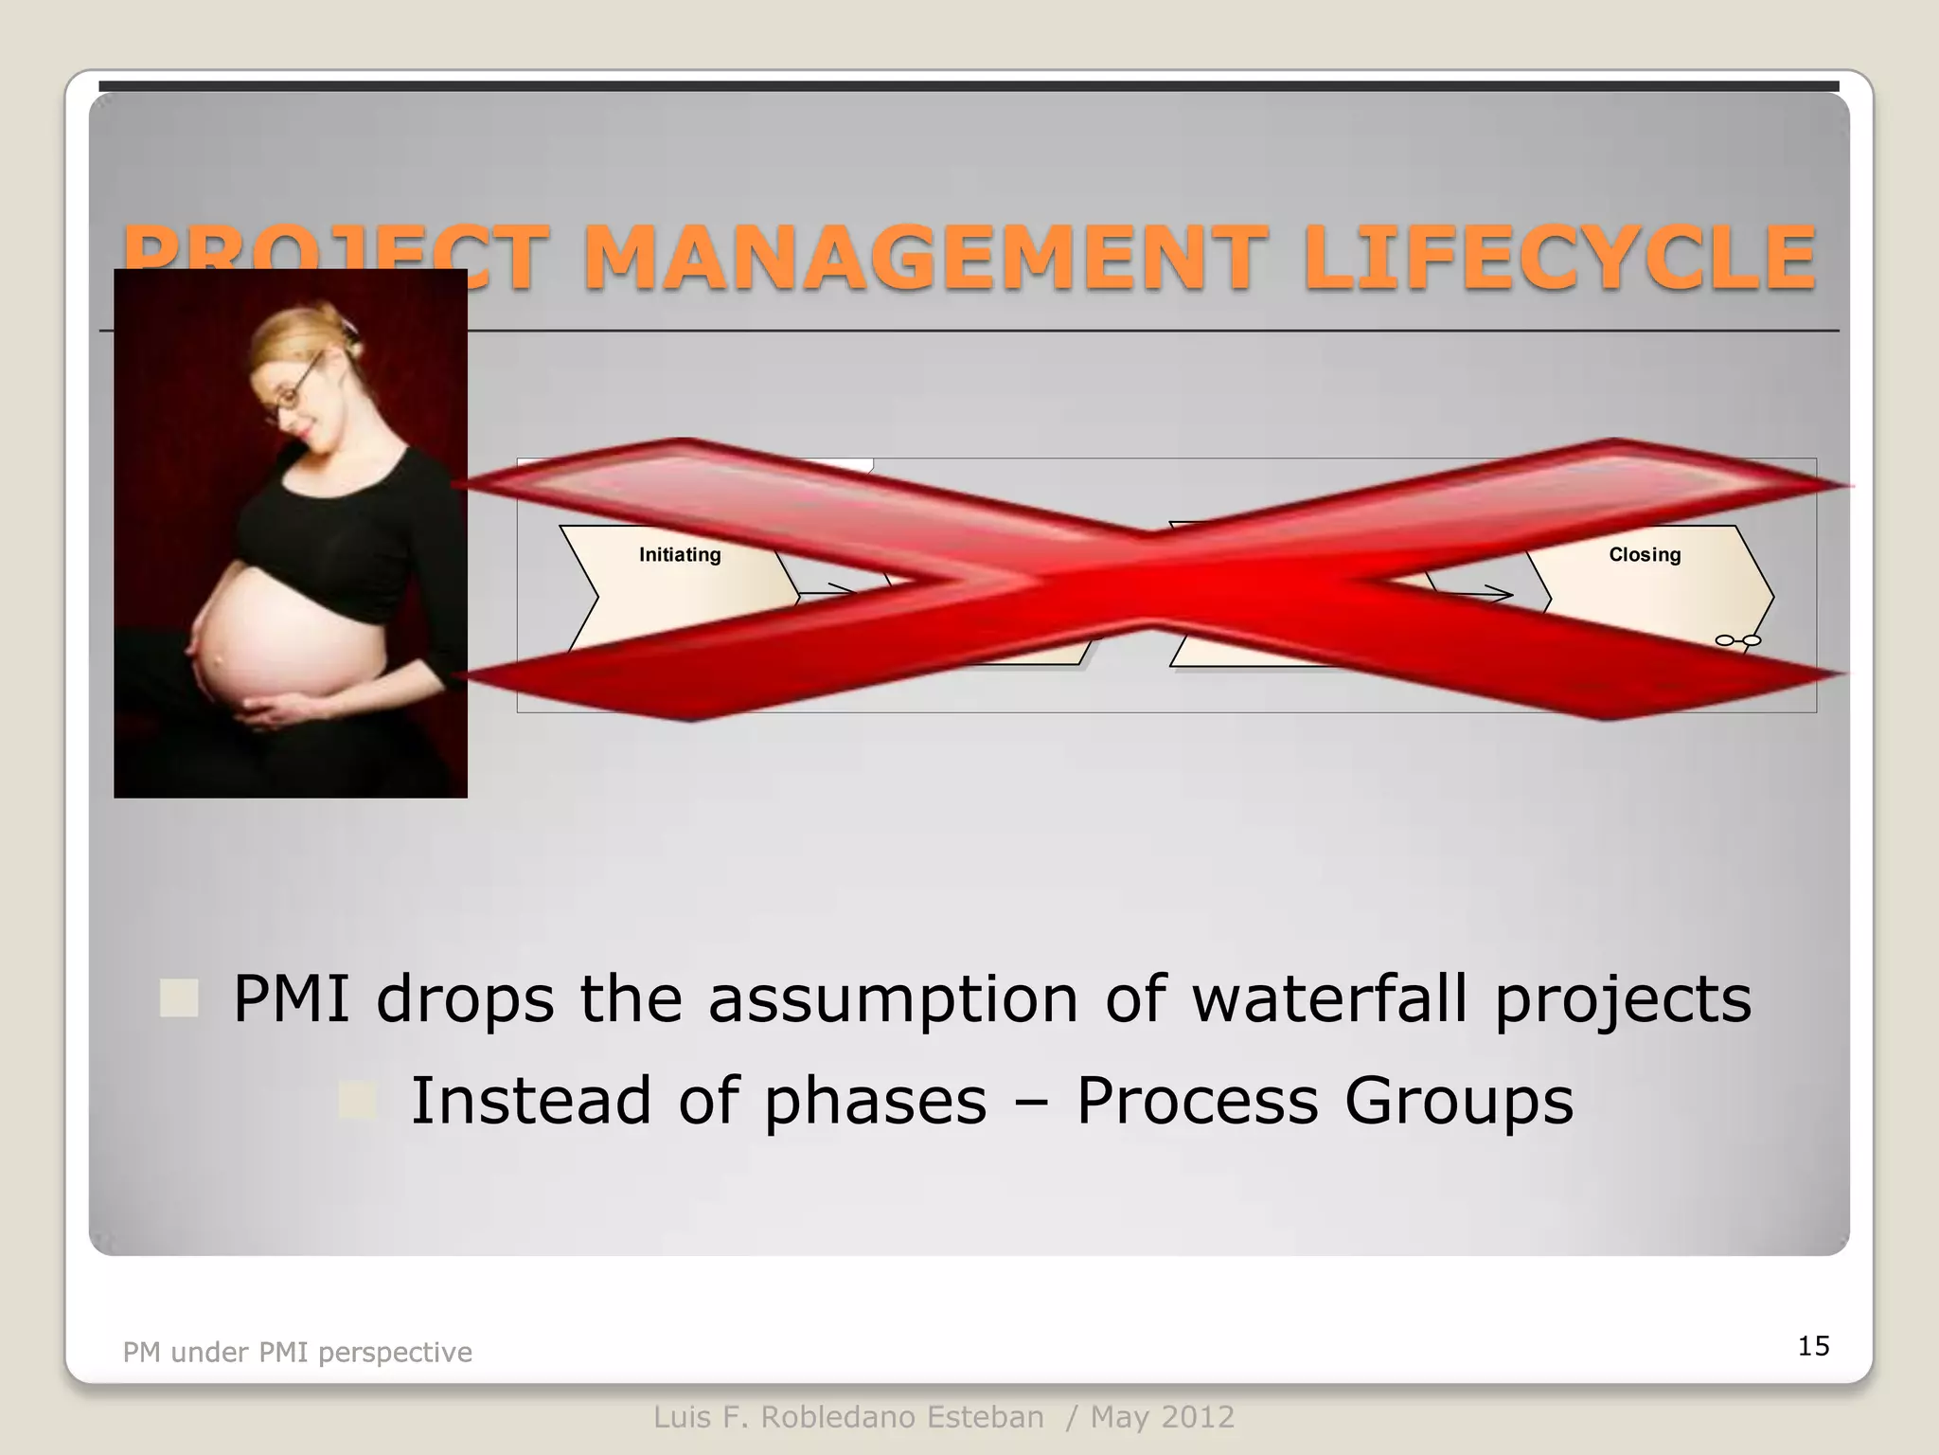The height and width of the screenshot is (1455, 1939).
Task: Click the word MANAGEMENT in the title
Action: (923, 258)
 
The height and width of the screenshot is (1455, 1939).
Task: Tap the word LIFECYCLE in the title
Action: (1558, 258)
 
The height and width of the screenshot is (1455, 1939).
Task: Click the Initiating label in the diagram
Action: (680, 555)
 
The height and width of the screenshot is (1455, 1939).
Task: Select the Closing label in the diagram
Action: (1645, 555)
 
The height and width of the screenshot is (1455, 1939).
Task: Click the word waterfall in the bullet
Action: (1329, 998)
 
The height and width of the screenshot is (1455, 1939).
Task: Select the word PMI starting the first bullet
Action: (292, 998)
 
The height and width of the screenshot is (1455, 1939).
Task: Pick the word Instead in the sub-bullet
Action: (530, 1101)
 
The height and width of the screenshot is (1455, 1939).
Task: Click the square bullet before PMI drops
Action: (179, 998)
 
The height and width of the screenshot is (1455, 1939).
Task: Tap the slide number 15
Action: (1813, 1346)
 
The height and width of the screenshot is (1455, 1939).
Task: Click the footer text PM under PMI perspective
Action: (297, 1352)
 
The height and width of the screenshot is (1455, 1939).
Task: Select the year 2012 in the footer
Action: (1199, 1418)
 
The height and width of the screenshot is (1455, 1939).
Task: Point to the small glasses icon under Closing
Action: (1738, 641)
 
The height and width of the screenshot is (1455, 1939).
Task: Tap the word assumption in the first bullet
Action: (893, 998)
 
